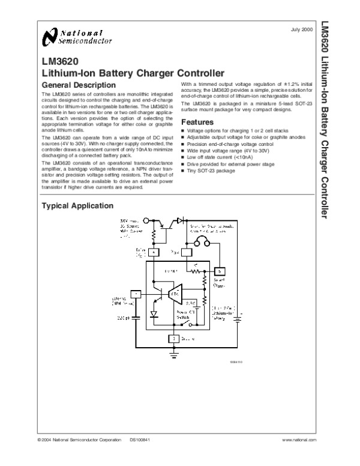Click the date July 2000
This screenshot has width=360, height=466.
pyautogui.click(x=301, y=29)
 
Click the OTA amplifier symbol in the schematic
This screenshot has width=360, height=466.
pyautogui.click(x=175, y=294)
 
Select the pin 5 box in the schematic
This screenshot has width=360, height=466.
pyautogui.click(x=220, y=269)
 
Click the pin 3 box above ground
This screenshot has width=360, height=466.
pyautogui.click(x=173, y=339)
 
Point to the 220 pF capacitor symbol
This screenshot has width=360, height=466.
pyautogui.click(x=137, y=314)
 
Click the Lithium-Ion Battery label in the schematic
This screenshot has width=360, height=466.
pyautogui.click(x=223, y=314)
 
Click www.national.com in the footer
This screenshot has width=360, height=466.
pyautogui.click(x=298, y=441)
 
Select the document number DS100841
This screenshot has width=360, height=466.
pyautogui.click(x=139, y=441)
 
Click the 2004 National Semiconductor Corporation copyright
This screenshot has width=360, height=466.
pyautogui.click(x=79, y=441)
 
